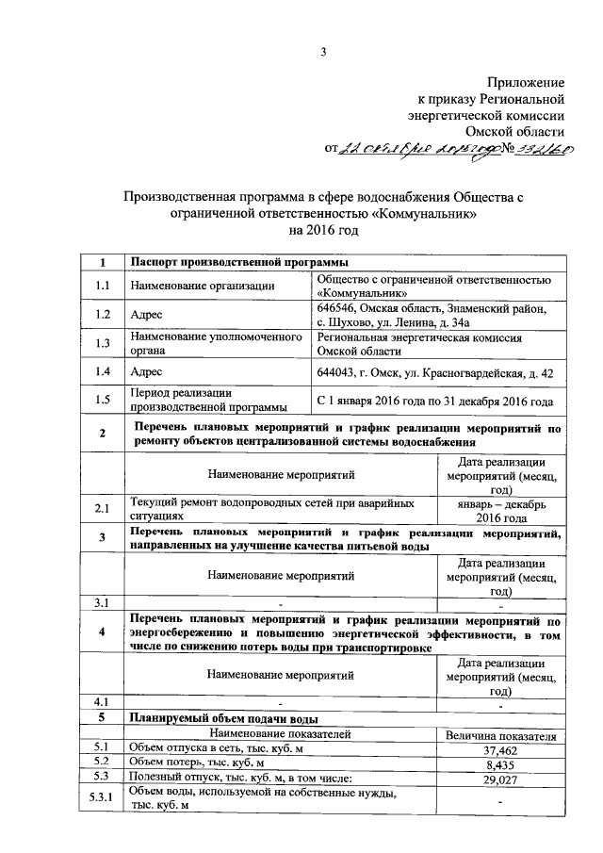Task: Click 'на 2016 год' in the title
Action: (x=323, y=231)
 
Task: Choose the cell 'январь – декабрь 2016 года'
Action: (x=500, y=511)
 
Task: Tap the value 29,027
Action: (x=500, y=779)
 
